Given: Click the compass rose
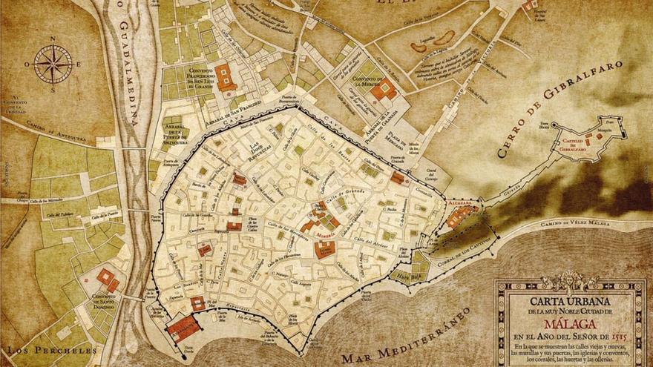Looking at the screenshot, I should [53, 64].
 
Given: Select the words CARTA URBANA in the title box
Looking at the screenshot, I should [570, 302].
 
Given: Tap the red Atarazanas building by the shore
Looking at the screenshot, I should [182, 326].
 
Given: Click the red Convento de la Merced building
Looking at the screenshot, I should [384, 90].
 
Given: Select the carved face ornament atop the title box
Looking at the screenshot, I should [570, 280].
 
